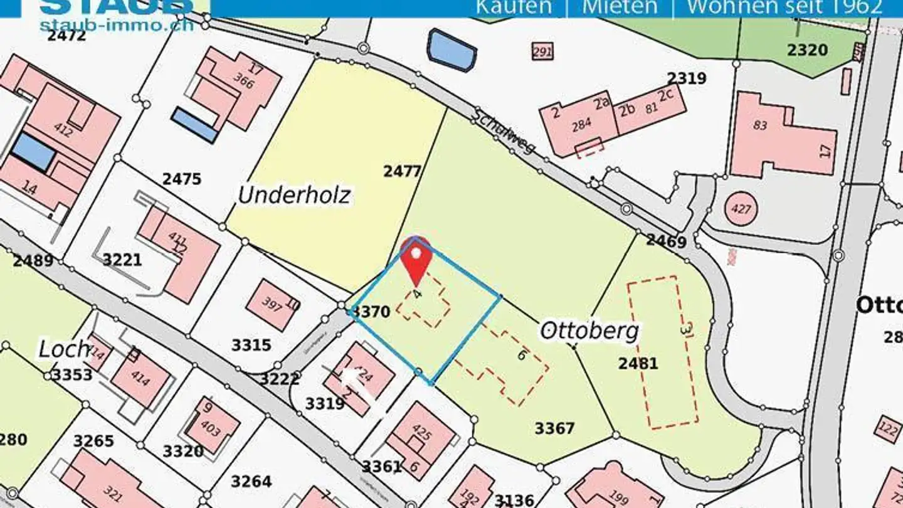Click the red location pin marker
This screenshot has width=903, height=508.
(x=415, y=258)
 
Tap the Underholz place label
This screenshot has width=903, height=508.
(x=293, y=196)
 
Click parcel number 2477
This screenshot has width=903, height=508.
(x=402, y=171)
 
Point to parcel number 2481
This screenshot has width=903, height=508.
(x=638, y=363)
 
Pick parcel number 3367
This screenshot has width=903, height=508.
(x=554, y=428)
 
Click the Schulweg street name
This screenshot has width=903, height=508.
(x=505, y=131)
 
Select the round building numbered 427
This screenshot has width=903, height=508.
(x=741, y=208)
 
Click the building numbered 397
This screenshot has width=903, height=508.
(x=273, y=305)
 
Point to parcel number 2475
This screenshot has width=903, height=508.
(x=182, y=179)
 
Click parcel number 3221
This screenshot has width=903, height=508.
(x=122, y=260)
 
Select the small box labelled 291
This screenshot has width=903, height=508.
(x=542, y=51)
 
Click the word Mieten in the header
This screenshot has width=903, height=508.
(x=620, y=7)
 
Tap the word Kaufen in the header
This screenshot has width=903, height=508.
(x=514, y=7)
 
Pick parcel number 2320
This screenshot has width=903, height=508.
(x=807, y=50)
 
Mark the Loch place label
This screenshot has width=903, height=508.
(x=64, y=349)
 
